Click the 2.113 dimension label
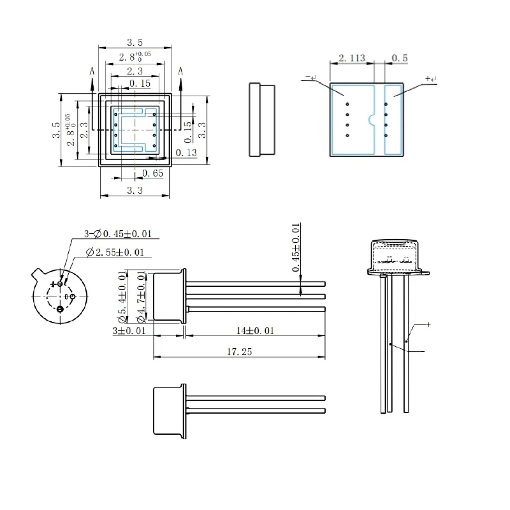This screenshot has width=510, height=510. point(351,58)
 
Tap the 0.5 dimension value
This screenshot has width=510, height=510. point(400,58)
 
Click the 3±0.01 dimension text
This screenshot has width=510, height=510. point(129,331)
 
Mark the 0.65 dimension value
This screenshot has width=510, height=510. point(152,173)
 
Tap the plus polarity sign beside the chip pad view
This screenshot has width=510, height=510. point(429,78)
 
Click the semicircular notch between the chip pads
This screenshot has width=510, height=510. point(372,119)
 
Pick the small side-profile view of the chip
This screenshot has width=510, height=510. point(261,119)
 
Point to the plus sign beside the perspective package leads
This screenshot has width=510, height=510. point(428,324)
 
